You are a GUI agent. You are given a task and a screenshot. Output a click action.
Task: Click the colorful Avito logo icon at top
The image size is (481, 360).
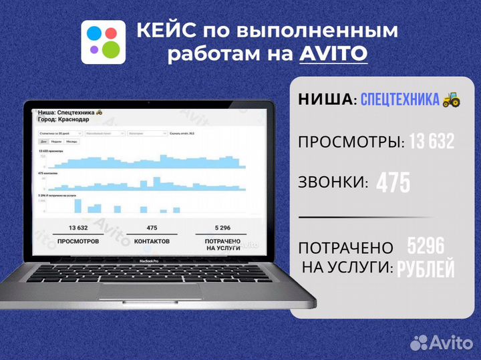point(103,41)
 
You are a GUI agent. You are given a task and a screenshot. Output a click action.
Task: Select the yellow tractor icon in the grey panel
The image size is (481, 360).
point(451,100)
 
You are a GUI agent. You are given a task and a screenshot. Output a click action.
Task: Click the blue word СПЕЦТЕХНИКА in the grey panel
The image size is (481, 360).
point(399,100)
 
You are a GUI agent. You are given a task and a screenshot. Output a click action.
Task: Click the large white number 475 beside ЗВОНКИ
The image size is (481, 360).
point(393,183)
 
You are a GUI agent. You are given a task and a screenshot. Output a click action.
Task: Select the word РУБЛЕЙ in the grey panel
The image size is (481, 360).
point(426,268)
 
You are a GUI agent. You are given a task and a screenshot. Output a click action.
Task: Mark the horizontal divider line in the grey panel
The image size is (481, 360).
point(359,217)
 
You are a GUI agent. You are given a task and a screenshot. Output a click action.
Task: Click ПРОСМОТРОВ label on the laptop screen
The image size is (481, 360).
point(78,240)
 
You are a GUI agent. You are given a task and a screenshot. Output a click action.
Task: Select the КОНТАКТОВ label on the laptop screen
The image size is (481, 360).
point(152,240)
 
